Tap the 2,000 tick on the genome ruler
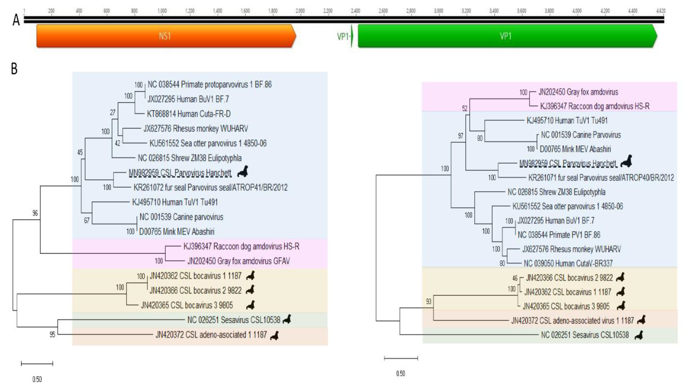coord(300,11)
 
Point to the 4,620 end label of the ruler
coord(660,11)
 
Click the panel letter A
coord(16,20)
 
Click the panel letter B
coord(14,69)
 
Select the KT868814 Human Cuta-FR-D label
coord(189,114)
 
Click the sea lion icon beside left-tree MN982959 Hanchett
coord(243,171)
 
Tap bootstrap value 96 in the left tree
coord(35,213)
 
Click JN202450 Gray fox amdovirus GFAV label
coord(238,261)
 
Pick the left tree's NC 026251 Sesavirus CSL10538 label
coord(234,320)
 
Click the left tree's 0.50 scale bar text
coord(37,379)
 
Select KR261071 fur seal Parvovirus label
coord(601,178)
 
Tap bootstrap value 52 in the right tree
coord(465,108)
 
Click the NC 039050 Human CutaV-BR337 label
coord(568,263)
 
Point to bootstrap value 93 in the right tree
coord(429,302)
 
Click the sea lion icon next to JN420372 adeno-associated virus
coord(641,320)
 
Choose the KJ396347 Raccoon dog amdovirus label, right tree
coord(595,106)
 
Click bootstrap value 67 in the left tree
coord(86,220)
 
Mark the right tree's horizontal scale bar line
coord(401,358)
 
